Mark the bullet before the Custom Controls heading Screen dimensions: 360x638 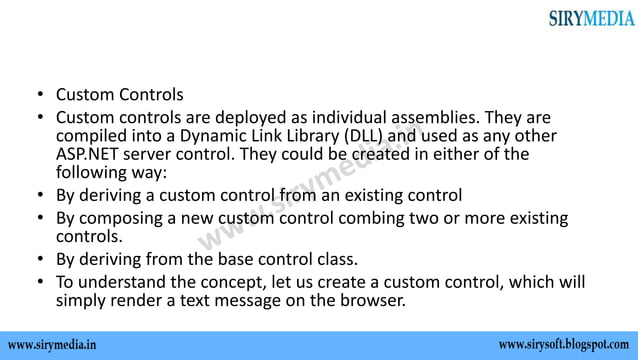point(40,96)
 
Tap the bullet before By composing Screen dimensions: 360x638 point(40,217)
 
